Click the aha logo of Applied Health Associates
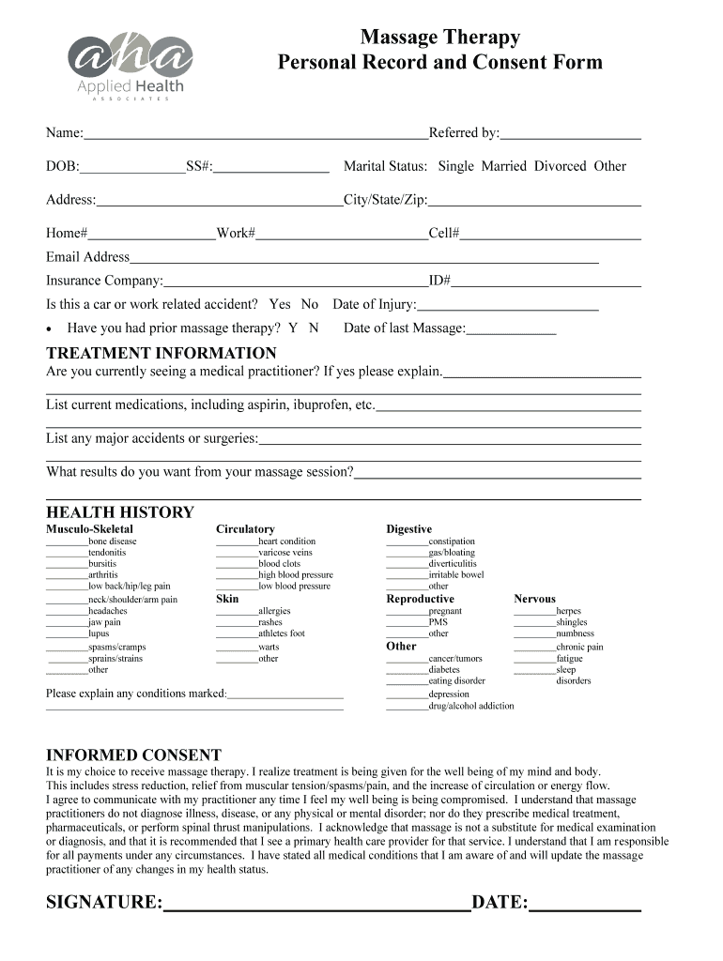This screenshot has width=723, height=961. click(x=129, y=60)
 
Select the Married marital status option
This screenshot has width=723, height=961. click(x=504, y=166)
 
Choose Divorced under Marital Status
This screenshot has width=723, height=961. click(x=560, y=166)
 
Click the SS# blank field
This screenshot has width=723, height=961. click(x=271, y=170)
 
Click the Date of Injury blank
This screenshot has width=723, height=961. click(x=507, y=308)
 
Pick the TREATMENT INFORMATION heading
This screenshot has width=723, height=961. click(x=162, y=354)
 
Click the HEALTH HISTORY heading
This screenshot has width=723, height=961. click(x=120, y=512)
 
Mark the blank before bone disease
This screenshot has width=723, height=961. click(x=67, y=543)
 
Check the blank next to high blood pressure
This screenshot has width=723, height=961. click(x=237, y=577)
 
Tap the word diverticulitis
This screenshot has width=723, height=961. click(x=453, y=564)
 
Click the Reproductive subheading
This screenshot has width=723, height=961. click(x=420, y=599)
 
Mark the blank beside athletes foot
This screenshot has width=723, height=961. click(x=237, y=635)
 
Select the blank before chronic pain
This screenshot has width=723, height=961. click(x=534, y=648)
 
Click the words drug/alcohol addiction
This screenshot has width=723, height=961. click(x=471, y=706)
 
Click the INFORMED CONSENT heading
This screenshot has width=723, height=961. click(x=134, y=755)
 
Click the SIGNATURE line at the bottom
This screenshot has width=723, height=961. click(x=316, y=908)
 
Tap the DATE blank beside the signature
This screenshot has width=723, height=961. click(x=584, y=908)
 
